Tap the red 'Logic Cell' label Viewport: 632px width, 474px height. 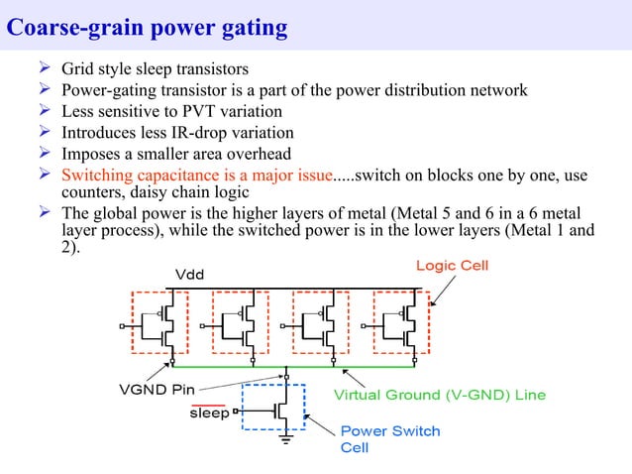pyautogui.click(x=451, y=266)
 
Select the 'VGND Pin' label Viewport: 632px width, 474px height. pyautogui.click(x=150, y=389)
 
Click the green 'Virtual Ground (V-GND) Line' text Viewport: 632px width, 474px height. pyautogui.click(x=439, y=395)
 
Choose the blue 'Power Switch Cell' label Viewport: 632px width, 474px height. pyautogui.click(x=389, y=439)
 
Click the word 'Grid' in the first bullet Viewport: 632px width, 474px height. pyautogui.click(x=77, y=69)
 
